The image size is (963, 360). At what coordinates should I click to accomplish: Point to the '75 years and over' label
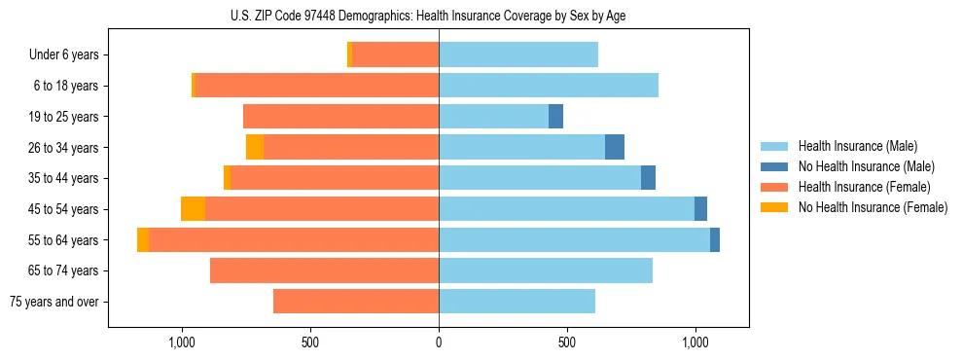(x=53, y=302)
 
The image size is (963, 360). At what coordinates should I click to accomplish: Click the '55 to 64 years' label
(x=60, y=240)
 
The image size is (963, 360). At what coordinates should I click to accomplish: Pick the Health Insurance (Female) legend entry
(x=864, y=187)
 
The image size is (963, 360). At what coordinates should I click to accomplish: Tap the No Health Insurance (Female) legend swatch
(x=777, y=207)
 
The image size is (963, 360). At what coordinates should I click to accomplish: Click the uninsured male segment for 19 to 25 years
(x=555, y=117)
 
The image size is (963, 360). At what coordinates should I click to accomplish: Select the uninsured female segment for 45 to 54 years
(x=193, y=209)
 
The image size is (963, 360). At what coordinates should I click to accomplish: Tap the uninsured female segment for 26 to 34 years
(x=255, y=147)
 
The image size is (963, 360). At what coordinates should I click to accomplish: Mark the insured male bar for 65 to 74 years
(x=546, y=270)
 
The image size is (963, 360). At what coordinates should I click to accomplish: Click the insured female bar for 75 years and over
(x=356, y=302)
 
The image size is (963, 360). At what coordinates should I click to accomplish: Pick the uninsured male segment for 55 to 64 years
(x=715, y=240)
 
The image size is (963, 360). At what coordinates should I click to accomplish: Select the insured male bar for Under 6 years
(x=518, y=54)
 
